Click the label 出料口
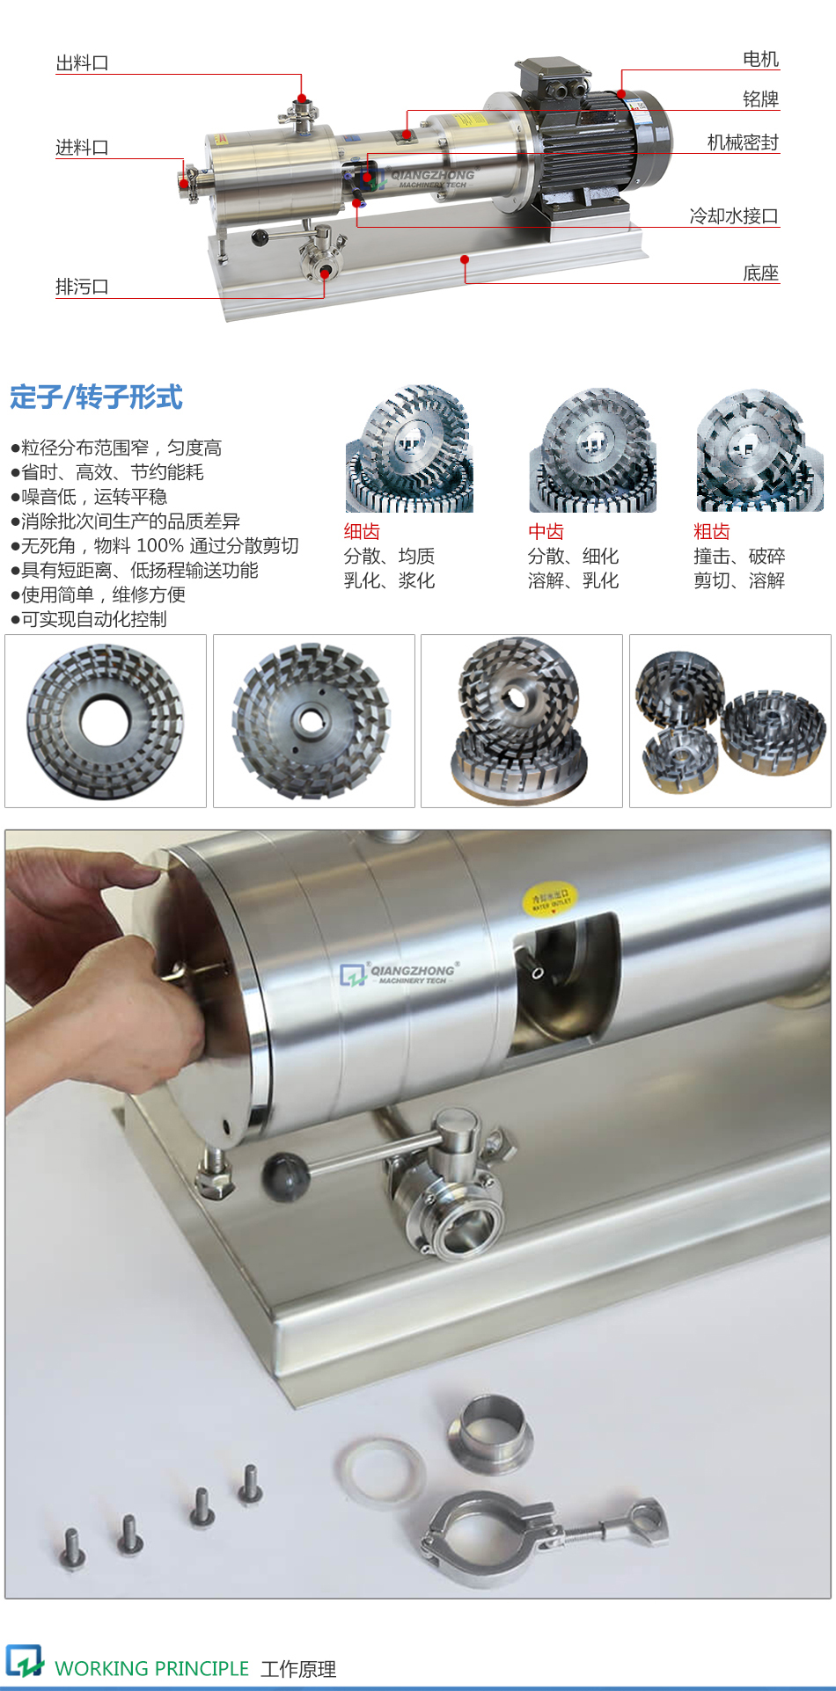click(82, 63)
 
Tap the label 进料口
click(82, 148)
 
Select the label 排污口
click(82, 287)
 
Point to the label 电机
click(760, 59)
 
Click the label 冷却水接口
click(733, 216)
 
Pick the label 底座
click(760, 273)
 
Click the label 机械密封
click(743, 142)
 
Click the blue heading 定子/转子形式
click(96, 397)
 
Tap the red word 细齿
click(362, 531)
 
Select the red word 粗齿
click(711, 531)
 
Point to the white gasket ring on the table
click(380, 1469)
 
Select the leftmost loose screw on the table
click(72, 1548)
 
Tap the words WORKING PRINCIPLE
click(151, 1668)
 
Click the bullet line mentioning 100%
click(155, 546)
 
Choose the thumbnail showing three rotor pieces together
click(730, 721)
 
